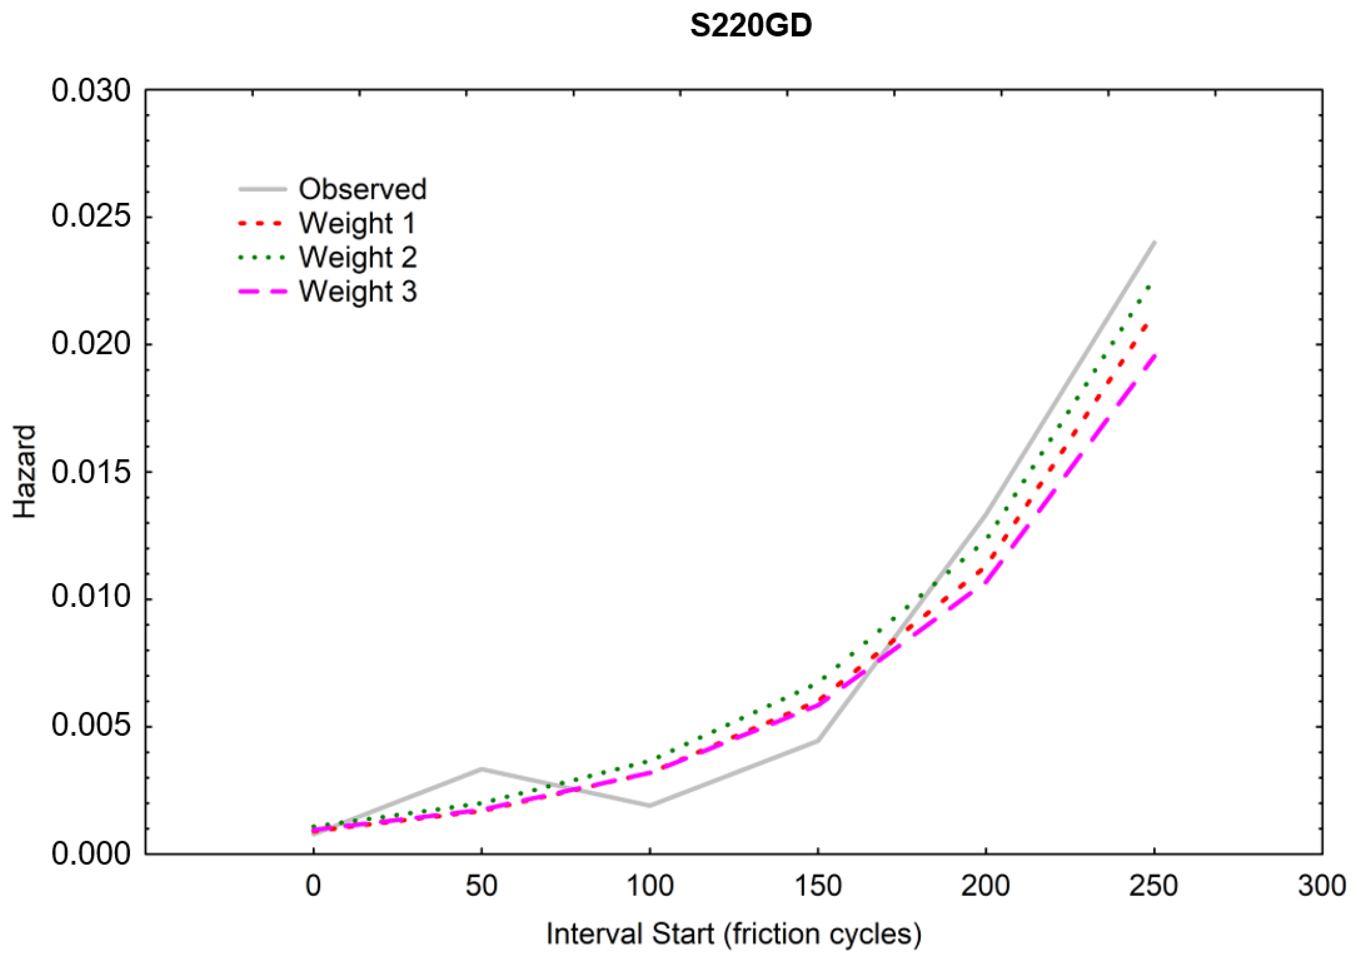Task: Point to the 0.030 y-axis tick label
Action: pos(90,91)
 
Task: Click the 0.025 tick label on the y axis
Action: pos(90,217)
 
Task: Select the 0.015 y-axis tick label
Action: pos(90,472)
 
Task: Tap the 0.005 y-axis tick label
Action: pos(90,725)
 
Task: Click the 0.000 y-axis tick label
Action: pos(90,854)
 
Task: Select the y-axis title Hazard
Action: pos(25,472)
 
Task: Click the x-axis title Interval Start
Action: pos(733,934)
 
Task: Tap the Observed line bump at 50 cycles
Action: pos(482,769)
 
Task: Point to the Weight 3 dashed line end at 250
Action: pos(1153,355)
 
